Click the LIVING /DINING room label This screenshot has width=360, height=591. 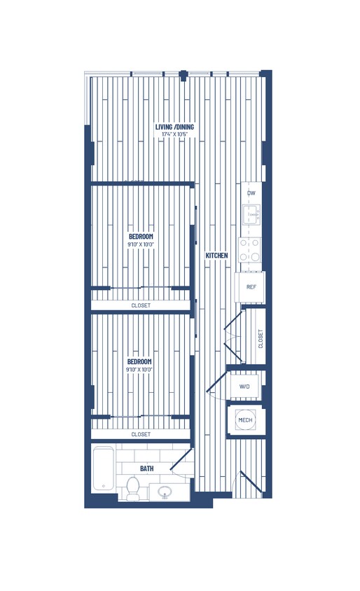pos(175,127)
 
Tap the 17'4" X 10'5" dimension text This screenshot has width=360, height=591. pos(175,134)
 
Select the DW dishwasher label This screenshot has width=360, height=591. pos(250,193)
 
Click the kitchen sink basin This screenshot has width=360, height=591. pos(250,214)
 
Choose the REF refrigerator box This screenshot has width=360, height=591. pos(250,286)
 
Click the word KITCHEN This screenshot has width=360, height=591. pos(216,256)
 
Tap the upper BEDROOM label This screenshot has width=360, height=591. pos(140,237)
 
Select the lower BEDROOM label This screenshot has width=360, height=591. pos(140,361)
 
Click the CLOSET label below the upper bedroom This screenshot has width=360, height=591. pos(141,306)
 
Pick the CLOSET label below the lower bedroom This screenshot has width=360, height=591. pos(141,434)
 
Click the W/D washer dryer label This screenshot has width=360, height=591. pos(245,387)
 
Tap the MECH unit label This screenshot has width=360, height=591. pos(245,420)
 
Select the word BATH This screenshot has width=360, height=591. pos(147,468)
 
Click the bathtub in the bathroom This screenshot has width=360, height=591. pos(103,469)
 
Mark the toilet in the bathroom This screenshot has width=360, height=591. pos(133,487)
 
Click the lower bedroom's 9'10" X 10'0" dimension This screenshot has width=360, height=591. pos(140,369)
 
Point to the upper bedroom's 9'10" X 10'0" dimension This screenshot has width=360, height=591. pos(140,244)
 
